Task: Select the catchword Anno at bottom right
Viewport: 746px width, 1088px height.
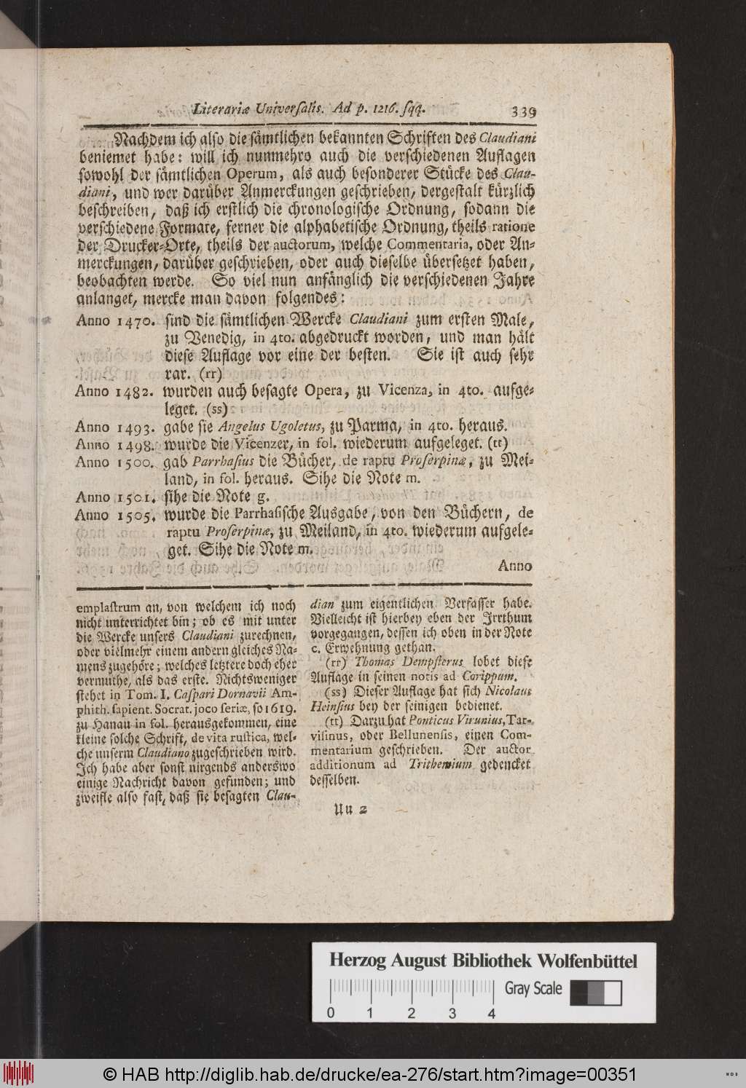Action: click(x=517, y=565)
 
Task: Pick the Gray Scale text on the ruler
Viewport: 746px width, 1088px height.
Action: click(x=533, y=988)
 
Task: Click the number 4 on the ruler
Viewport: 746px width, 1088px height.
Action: click(x=493, y=1013)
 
